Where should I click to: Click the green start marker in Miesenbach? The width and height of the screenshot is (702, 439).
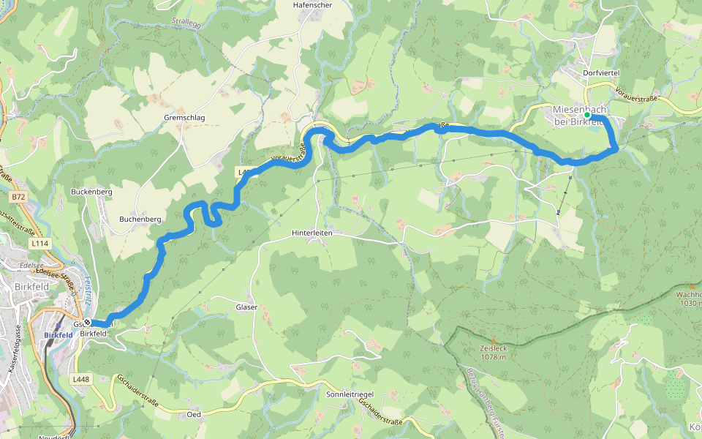(587, 115)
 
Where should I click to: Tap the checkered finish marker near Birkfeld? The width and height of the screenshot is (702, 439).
(87, 323)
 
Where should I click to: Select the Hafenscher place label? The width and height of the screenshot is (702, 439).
(312, 4)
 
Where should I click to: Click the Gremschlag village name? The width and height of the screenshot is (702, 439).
(184, 117)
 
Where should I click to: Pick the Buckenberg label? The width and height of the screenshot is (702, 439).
(91, 191)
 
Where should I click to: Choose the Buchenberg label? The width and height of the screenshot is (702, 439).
(140, 219)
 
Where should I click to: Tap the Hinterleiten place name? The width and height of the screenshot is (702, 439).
(312, 233)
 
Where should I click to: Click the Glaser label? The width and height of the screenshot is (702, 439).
(246, 307)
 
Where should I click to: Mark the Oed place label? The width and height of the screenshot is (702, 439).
(194, 414)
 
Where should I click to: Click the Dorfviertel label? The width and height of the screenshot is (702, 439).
(603, 74)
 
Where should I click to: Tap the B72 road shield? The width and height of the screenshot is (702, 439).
(18, 197)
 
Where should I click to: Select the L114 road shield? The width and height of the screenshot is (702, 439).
(39, 243)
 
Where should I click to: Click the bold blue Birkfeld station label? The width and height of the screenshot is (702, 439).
(58, 336)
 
